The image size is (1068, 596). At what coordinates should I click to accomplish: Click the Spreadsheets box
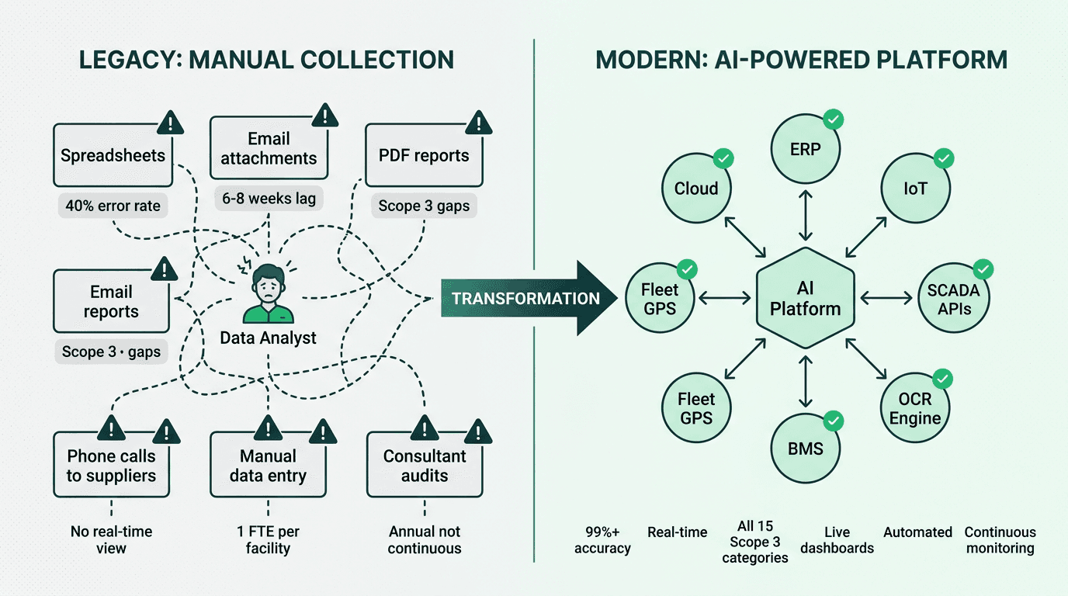click(113, 155)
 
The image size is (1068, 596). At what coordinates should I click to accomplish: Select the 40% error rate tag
click(113, 206)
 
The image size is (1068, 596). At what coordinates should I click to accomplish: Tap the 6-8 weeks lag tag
click(269, 199)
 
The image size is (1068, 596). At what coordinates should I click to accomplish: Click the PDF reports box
click(424, 155)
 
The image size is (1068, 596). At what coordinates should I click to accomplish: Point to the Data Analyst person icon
click(269, 293)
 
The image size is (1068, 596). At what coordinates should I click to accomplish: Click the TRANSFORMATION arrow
click(528, 299)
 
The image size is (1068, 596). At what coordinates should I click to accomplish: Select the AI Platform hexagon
click(805, 299)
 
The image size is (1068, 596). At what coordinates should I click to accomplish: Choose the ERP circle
click(805, 149)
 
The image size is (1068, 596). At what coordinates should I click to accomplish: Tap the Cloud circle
click(696, 189)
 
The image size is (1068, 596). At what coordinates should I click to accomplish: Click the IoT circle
click(915, 189)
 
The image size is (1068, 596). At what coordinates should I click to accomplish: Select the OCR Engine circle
click(915, 408)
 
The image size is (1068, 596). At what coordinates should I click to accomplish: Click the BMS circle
click(805, 448)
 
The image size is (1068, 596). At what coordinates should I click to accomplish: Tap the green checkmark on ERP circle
click(834, 120)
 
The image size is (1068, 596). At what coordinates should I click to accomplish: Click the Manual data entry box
click(269, 466)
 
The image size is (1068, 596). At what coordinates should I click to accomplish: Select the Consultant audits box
click(424, 466)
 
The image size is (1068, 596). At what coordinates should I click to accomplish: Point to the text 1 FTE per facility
click(268, 540)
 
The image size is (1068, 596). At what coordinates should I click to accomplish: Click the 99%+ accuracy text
click(602, 540)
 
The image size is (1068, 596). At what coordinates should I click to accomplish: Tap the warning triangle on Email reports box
click(164, 270)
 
